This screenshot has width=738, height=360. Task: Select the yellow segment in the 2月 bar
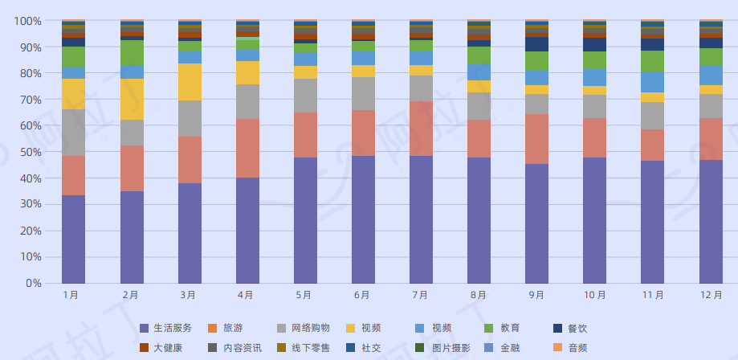[132, 99]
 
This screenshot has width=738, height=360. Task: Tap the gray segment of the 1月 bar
[73, 132]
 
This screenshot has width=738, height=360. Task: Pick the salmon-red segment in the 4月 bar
[247, 148]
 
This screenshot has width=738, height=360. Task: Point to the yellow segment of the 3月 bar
[190, 82]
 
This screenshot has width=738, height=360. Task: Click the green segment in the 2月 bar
[132, 53]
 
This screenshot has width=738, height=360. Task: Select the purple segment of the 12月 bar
[711, 221]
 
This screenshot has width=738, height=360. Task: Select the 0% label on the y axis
[33, 283]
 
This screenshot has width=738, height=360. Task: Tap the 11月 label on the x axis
[653, 295]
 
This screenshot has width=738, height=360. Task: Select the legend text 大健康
[168, 348]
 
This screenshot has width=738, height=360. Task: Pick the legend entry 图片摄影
[451, 348]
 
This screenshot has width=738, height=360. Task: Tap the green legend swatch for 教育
[489, 328]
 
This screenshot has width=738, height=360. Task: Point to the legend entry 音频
[577, 348]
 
